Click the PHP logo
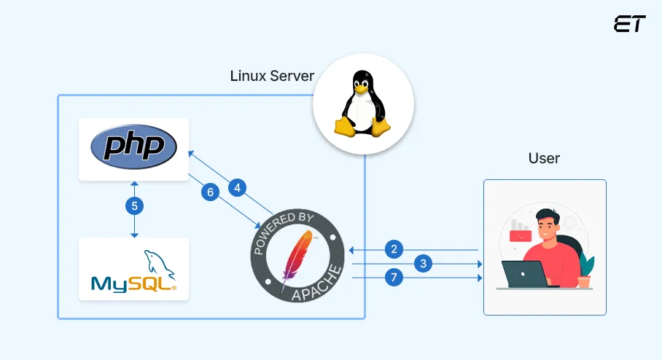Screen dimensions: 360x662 pos(133,147)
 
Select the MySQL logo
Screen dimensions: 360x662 pos(133,271)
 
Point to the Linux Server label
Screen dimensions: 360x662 pos(272,76)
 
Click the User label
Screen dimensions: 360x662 pos(544,158)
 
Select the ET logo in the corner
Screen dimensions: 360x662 pos(629,23)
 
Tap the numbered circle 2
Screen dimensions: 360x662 pos(394,249)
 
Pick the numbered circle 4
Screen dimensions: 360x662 pos(237,187)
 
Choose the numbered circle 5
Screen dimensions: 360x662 pos(133,206)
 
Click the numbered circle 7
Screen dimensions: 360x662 pos(394,278)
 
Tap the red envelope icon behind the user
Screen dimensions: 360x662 pos(520,235)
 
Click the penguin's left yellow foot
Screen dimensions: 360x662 pos(346,128)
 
